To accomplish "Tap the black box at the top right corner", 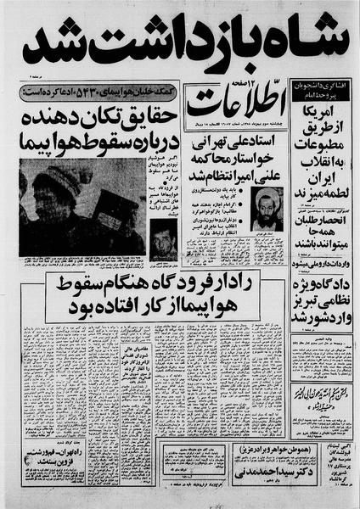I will (x=323, y=88).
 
